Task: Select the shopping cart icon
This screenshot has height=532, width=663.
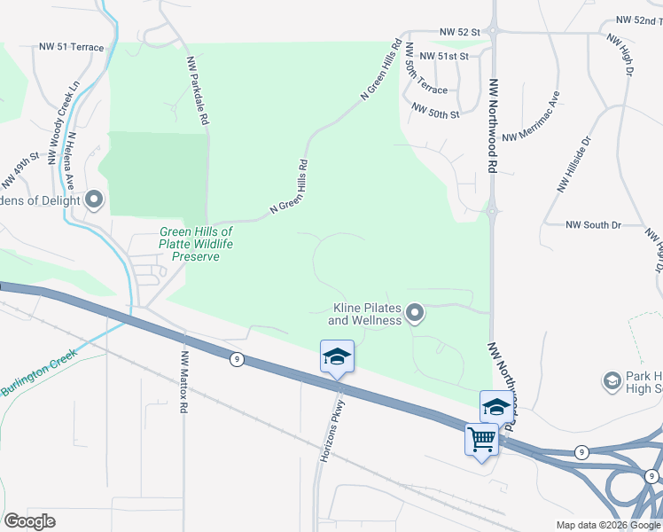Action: pyautogui.click(x=482, y=438)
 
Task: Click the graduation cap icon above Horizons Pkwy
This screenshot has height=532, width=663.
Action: pyautogui.click(x=337, y=356)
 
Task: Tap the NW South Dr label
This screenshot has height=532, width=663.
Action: pyautogui.click(x=593, y=225)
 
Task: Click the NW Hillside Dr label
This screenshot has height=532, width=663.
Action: pyautogui.click(x=573, y=164)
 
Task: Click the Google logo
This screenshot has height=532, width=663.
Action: pyautogui.click(x=29, y=521)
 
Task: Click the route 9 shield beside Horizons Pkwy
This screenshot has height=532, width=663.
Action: pyautogui.click(x=236, y=359)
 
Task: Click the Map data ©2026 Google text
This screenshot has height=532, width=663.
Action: pyautogui.click(x=607, y=525)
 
